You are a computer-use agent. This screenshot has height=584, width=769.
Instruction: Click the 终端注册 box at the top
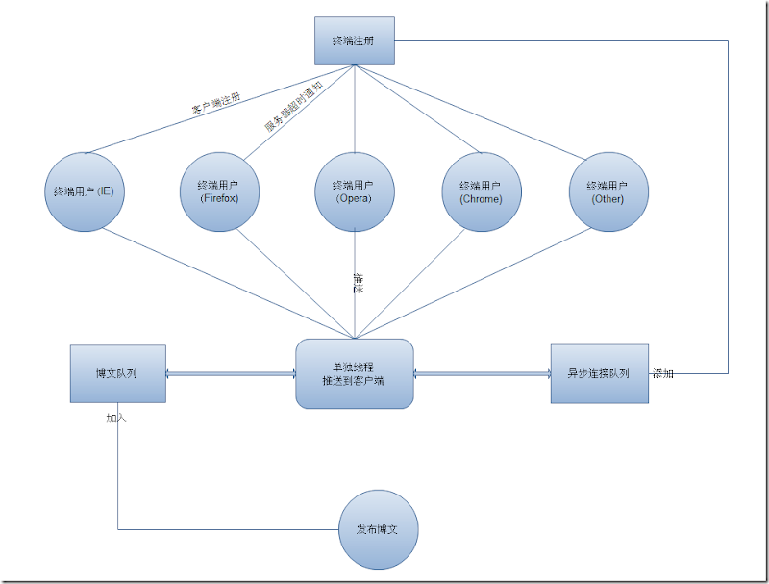[x=355, y=40]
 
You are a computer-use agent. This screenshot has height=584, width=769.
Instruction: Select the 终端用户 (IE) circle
[x=86, y=190]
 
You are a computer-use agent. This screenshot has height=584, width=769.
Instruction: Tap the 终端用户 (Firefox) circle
[x=220, y=190]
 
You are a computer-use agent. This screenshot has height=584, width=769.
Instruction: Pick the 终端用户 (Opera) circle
[x=355, y=190]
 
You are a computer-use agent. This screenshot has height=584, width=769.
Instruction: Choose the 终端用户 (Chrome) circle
[x=482, y=190]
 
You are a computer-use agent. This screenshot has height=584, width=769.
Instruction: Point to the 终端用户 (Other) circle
[x=608, y=190]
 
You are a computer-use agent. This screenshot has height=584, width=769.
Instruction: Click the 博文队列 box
[x=117, y=373]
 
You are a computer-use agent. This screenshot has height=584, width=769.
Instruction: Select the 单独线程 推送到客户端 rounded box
[x=355, y=373]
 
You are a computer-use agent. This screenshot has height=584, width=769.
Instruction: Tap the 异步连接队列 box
[x=599, y=373]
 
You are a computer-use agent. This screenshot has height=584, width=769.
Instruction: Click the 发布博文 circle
[x=380, y=529]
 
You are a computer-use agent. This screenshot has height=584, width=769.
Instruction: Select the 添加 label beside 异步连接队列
[x=663, y=373]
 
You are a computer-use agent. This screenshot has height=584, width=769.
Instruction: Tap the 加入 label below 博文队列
[x=116, y=419]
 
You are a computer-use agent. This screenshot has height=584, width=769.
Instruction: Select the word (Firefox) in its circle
[x=219, y=199]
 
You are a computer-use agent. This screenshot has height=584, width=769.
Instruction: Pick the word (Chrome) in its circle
[x=482, y=199]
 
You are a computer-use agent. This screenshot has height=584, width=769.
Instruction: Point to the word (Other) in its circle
[x=608, y=199]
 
